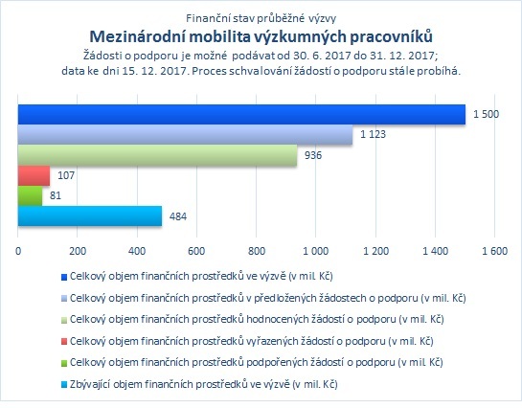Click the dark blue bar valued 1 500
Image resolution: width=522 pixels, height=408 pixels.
click(241, 115)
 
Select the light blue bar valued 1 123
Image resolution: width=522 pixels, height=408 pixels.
click(186, 135)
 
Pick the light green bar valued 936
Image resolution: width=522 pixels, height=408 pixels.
click(157, 155)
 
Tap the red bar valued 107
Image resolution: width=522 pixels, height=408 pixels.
click(34, 175)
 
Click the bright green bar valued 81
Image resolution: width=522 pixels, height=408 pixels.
click(30, 195)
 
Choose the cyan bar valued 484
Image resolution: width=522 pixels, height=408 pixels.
click(90, 216)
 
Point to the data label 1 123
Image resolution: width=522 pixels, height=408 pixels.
click(373, 134)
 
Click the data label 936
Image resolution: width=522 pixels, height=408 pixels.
click(313, 155)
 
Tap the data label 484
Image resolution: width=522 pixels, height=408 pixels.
click(178, 216)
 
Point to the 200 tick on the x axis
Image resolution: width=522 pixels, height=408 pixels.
click(78, 251)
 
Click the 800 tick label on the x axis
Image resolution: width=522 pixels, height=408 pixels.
click(257, 251)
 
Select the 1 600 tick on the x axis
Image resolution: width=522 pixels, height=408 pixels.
click(494, 251)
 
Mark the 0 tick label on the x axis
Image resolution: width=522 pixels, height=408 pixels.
click(18, 251)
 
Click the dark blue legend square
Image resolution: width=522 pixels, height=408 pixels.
click(64, 277)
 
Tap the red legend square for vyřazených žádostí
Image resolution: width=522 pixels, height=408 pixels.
click(64, 342)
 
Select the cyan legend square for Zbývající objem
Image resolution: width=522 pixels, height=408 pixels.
click(64, 385)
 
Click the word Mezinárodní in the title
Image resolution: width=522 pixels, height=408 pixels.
click(138, 36)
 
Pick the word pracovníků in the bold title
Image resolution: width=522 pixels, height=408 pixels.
click(391, 37)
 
